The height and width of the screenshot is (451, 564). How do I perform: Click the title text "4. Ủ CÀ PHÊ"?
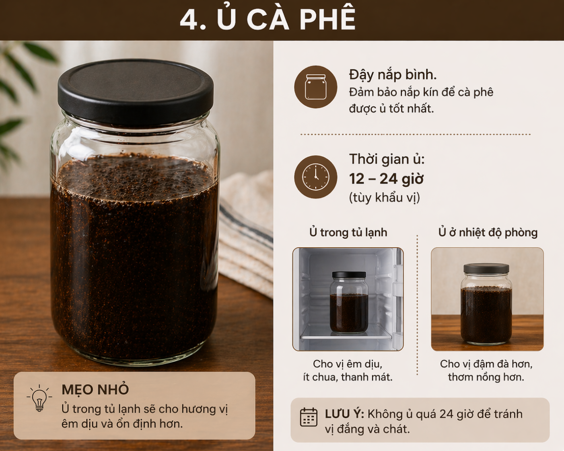pos(268,19)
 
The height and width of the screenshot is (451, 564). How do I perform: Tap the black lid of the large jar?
pos(136,90)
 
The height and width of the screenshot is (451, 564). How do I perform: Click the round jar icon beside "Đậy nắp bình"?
pos(316,87)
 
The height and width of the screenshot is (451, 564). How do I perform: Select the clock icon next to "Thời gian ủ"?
pos(316,177)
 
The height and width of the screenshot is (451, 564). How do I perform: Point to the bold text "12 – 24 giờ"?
pos(386,179)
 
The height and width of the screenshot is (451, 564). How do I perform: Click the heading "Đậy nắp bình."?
pos(393,75)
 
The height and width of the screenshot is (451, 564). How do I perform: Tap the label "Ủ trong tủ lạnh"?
pos(348,232)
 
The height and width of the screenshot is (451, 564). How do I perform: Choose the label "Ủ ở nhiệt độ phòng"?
pos(488,232)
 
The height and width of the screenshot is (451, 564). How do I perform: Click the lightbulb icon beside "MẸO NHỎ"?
pos(39,398)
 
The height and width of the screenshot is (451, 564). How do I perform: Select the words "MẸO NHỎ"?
pos(95,389)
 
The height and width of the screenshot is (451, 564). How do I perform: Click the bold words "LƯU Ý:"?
pos(344,414)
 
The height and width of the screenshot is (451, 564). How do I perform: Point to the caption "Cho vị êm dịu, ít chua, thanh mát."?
pos(348,370)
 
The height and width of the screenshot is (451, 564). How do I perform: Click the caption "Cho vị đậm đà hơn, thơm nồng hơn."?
pos(486,370)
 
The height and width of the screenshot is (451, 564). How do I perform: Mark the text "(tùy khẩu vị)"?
pos(384,198)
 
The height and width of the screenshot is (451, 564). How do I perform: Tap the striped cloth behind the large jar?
pos(245,233)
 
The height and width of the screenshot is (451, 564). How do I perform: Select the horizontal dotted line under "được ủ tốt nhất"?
pos(415,134)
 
